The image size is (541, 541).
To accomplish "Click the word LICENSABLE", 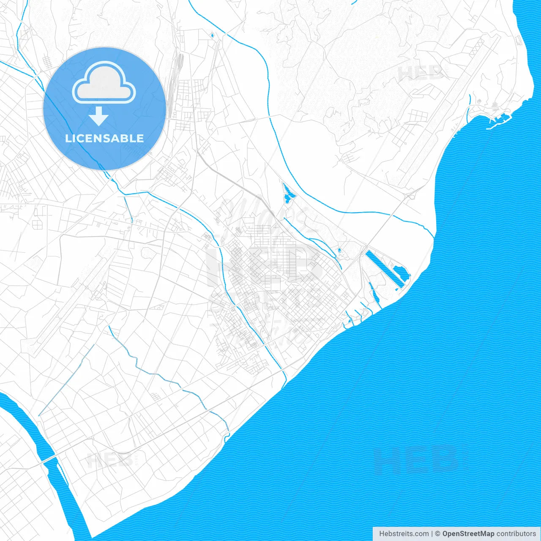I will tap(104, 139).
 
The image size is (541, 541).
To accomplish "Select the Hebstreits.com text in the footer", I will tap(404, 534).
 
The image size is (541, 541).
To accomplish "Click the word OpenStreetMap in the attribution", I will tap(468, 534).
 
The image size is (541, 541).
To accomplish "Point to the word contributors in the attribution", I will tap(516, 534).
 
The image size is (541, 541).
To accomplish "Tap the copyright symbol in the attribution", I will tap(438, 534).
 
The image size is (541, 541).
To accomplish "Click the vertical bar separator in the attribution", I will tap(432, 534).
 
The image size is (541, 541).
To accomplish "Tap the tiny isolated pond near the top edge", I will tap(212, 35).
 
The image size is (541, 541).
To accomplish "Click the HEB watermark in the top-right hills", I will tap(421, 73).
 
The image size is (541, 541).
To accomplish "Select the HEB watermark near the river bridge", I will tap(109, 460).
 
